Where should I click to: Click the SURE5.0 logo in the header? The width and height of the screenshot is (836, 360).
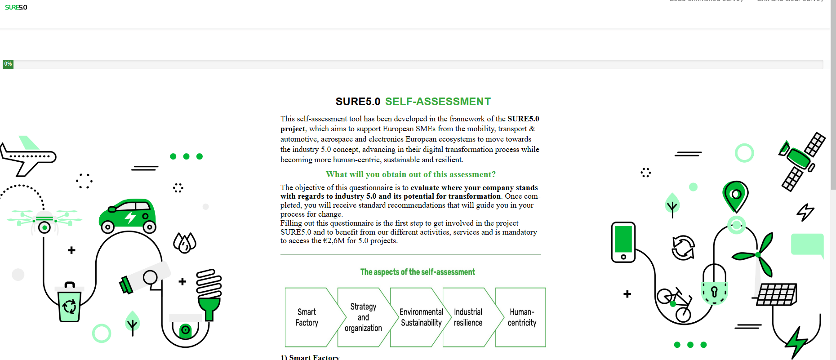[16, 7]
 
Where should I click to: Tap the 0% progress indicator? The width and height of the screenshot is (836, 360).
[8, 64]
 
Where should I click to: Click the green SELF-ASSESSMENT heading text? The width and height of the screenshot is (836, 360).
[438, 102]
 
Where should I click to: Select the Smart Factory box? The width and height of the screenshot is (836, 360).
[307, 317]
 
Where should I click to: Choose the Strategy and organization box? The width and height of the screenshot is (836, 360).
[363, 317]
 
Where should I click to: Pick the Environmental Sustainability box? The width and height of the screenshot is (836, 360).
[421, 317]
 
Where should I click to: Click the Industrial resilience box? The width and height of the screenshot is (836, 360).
[468, 317]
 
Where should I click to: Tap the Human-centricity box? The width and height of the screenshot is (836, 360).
[522, 317]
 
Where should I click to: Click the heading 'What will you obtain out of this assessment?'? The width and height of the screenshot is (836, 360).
[410, 174]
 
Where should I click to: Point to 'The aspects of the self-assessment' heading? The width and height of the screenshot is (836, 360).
[418, 272]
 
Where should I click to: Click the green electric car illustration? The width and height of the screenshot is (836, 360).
[128, 216]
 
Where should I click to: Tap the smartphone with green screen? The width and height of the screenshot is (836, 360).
[623, 242]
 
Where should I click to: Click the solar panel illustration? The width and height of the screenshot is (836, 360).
[776, 294]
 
